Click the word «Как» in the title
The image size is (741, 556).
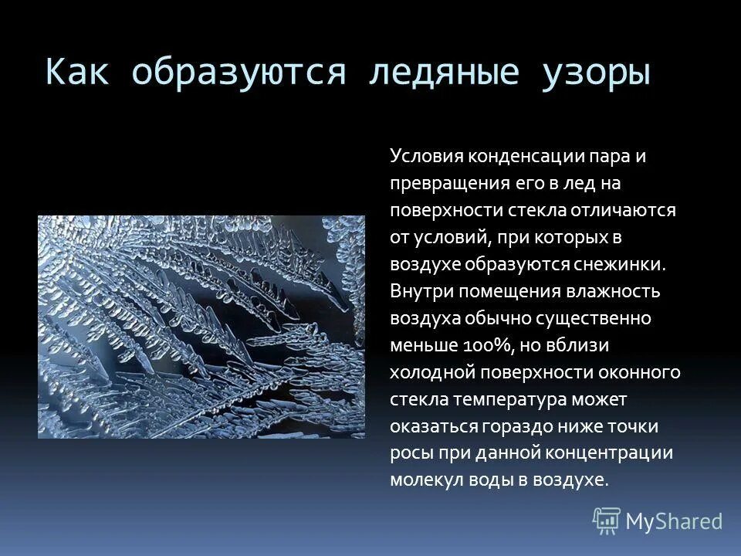pos(78,72)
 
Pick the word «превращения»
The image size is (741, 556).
pos(439,184)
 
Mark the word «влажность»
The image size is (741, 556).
pos(614,291)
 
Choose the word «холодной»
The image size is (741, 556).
pos(431,372)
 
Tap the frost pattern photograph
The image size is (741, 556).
pos(201,327)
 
